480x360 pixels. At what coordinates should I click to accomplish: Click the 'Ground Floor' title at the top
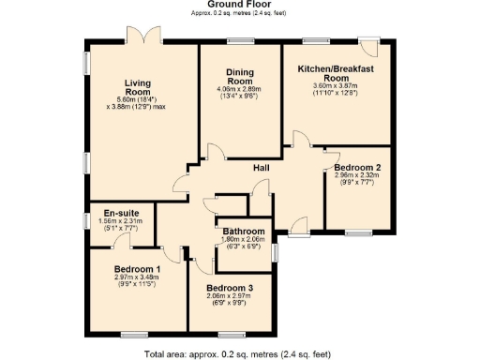240,6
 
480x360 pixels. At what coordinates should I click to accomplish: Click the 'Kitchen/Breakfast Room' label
336,74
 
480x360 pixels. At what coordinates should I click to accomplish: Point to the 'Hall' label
263,168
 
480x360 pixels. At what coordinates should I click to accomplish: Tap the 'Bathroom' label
243,232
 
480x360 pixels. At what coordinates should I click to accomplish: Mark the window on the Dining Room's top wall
240,41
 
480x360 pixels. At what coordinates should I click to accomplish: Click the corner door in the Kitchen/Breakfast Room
371,48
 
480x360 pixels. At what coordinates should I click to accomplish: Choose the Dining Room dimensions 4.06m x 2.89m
240,92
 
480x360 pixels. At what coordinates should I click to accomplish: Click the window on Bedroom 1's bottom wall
134,334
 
